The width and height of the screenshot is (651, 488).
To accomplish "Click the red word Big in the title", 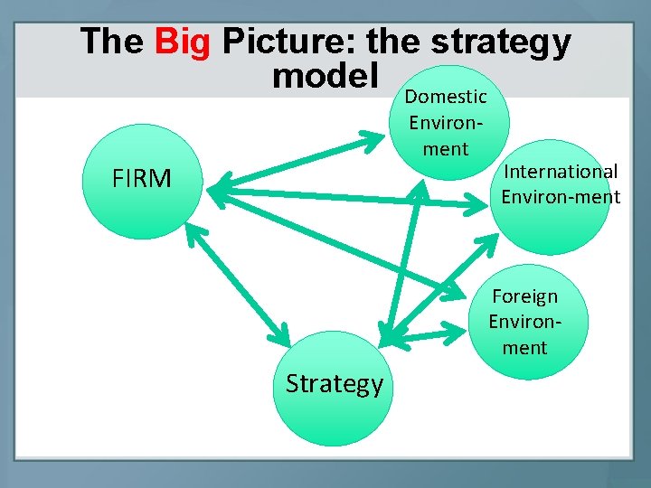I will click(x=184, y=42).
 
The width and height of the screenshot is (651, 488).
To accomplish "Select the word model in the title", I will click(x=324, y=76).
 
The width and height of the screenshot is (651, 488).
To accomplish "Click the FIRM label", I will click(x=141, y=179).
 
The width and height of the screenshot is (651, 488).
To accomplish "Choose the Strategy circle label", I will click(x=334, y=384).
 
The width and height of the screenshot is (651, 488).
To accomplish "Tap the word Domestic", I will click(x=445, y=96).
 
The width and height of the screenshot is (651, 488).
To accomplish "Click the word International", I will click(x=561, y=172).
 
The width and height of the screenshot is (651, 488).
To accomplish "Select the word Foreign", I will click(x=524, y=296).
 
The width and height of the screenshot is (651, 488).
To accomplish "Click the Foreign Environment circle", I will click(x=529, y=334).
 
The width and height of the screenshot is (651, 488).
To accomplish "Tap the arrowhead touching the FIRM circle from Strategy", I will click(x=193, y=233).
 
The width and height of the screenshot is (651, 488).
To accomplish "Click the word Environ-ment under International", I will click(x=561, y=197).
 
